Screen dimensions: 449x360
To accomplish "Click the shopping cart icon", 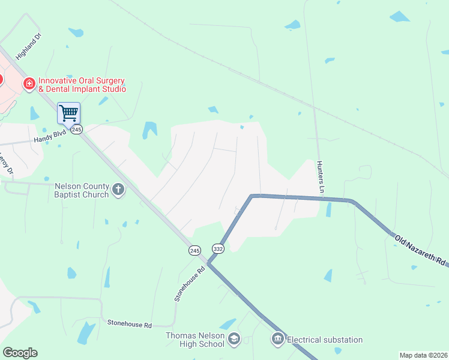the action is [x=68, y=112].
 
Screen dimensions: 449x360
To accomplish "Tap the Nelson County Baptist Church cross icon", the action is [x=118, y=190].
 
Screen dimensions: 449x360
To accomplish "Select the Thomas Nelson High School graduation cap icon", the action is [x=234, y=340].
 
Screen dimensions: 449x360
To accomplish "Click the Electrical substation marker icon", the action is [x=277, y=340].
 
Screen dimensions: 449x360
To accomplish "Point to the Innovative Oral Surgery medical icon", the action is [x=28, y=84].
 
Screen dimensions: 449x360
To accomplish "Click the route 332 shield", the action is [x=217, y=248].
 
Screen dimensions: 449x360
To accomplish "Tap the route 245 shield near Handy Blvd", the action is [x=76, y=130].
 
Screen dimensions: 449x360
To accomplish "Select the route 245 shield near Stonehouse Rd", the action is [x=194, y=250].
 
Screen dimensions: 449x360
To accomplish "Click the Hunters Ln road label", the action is [x=321, y=177].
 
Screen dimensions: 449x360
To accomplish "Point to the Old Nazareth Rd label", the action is [x=420, y=250].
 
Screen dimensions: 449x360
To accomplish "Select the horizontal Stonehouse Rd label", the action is [x=129, y=323].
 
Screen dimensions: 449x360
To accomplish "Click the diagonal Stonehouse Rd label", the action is [x=190, y=283].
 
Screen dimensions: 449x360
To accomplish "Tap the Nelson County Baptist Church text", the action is [x=82, y=190].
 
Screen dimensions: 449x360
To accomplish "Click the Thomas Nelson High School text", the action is [x=195, y=340].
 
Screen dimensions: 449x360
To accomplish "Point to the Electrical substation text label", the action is [x=325, y=340].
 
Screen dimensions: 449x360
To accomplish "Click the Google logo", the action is [x=20, y=353].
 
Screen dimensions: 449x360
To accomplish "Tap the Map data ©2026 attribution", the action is [x=423, y=355].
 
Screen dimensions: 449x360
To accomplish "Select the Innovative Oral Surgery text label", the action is [x=82, y=85].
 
